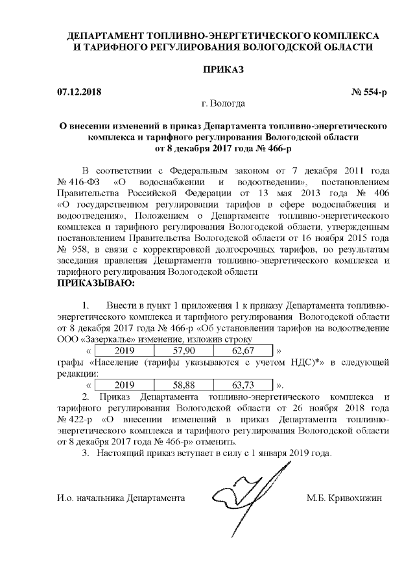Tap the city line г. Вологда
pos(224,103)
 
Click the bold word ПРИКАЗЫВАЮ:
pos(96,283)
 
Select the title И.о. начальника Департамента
pos(121,498)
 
